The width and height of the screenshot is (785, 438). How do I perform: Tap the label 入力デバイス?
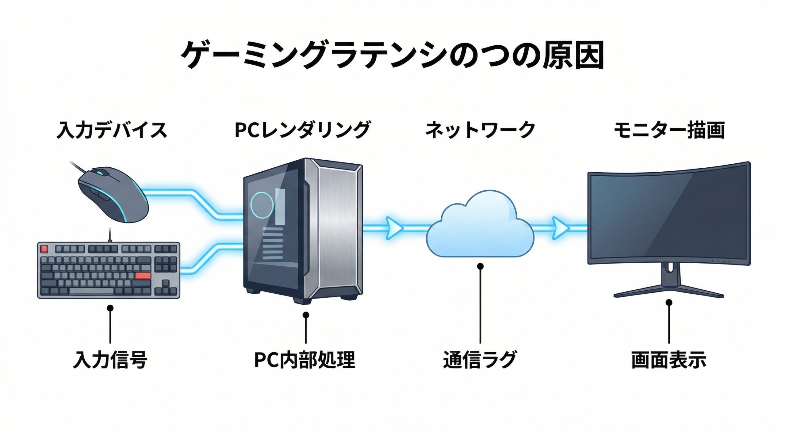[x=112, y=130]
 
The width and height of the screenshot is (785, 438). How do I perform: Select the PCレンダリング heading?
[x=302, y=130]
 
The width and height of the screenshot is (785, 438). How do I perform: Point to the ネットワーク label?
[x=480, y=130]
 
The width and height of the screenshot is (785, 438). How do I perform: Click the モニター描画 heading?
[x=669, y=130]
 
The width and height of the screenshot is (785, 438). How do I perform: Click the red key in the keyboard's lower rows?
[x=143, y=276]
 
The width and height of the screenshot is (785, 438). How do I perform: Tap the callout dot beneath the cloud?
[x=480, y=266]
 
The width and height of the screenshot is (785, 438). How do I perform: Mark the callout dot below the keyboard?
[x=110, y=308]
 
